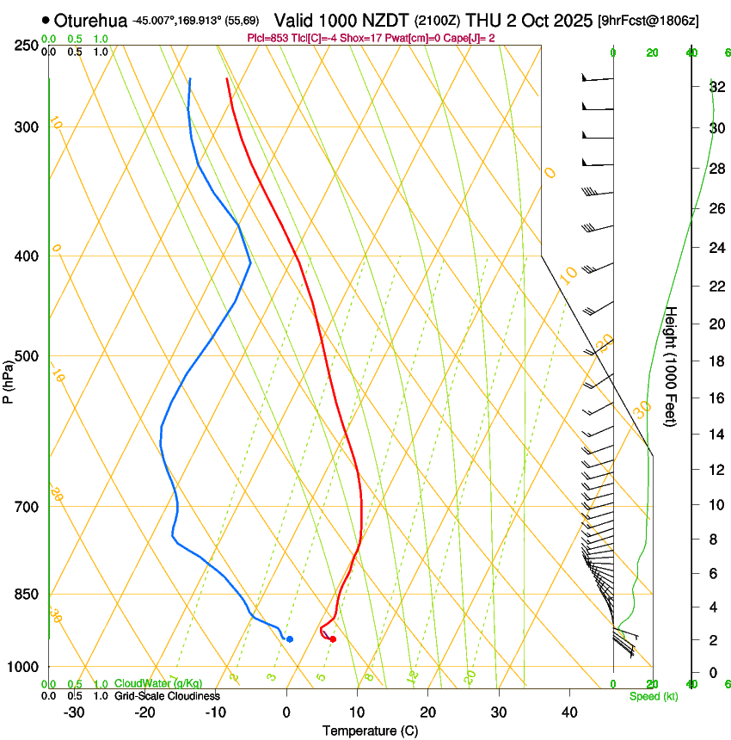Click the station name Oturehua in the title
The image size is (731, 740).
(91, 20)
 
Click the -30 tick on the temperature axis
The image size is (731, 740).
(74, 712)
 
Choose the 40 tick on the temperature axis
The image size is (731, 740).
(568, 712)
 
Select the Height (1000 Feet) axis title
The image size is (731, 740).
(671, 367)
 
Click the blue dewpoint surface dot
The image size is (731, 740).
(290, 639)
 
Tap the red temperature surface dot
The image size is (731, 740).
(333, 639)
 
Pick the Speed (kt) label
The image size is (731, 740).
(650, 695)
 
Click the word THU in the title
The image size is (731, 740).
(483, 20)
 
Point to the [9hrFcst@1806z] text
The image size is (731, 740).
(660, 20)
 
